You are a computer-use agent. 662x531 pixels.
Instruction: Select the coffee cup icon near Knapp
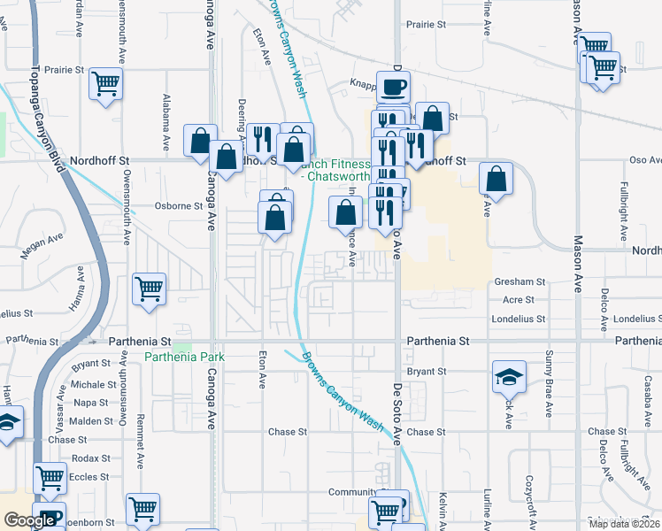tap(394, 88)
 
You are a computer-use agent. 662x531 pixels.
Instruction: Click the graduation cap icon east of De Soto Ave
tap(509, 377)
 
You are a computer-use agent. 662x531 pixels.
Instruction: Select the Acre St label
tap(518, 300)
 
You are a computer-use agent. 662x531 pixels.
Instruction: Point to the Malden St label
tap(91, 420)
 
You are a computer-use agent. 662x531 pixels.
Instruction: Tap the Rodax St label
tap(92, 458)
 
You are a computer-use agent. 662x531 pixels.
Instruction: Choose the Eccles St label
tap(89, 476)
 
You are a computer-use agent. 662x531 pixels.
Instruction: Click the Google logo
tap(30, 520)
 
